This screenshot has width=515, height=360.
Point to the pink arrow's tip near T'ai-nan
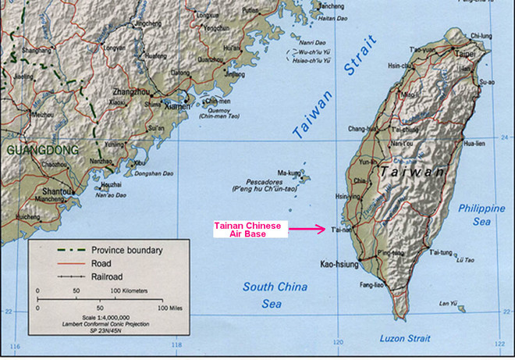(325, 229)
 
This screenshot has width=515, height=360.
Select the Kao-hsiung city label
(340, 265)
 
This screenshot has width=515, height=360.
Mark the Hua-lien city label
(474, 144)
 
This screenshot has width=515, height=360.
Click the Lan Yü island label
(446, 304)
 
